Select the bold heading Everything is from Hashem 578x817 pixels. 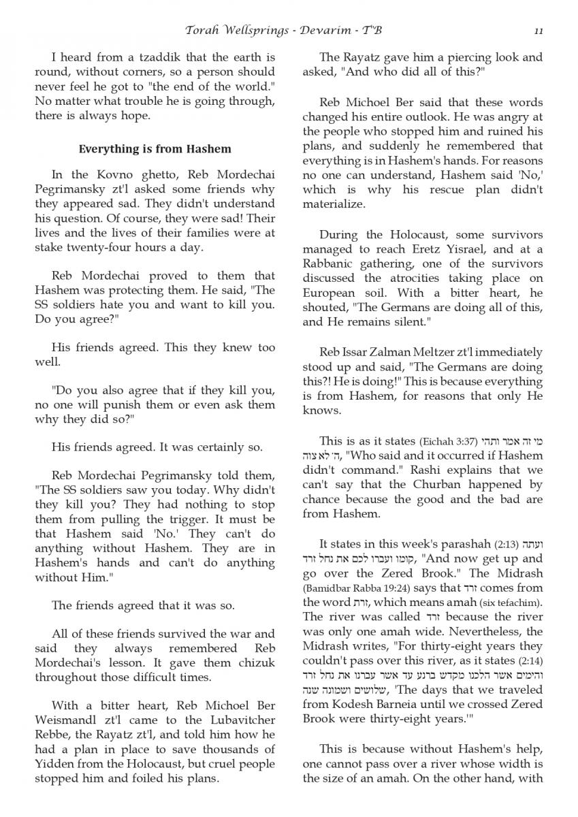point(155,148)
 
